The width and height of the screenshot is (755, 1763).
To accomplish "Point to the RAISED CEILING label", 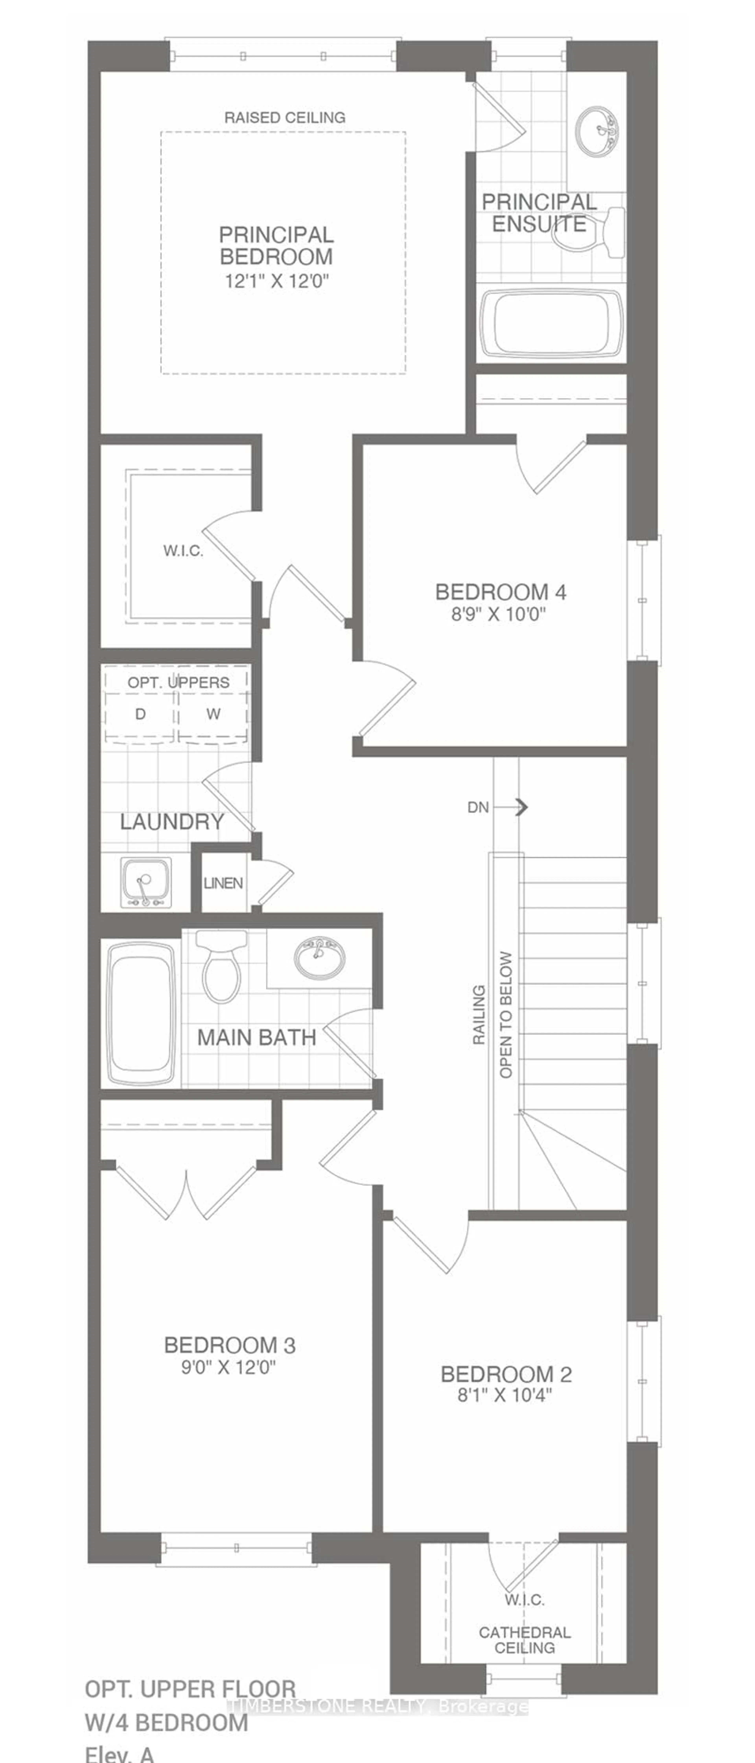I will click(x=285, y=118).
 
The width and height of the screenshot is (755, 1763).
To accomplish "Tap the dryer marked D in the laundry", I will click(x=140, y=714).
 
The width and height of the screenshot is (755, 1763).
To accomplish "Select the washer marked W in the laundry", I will click(x=213, y=714).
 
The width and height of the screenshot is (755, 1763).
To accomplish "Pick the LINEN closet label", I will click(x=223, y=883).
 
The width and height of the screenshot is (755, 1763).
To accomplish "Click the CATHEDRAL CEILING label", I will click(x=524, y=1640).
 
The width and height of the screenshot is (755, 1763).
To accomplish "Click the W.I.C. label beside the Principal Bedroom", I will click(x=183, y=551).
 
